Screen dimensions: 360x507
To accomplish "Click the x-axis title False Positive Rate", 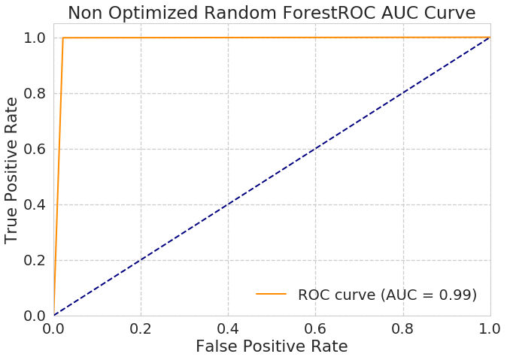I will (x=272, y=346).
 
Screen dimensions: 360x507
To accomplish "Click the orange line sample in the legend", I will (x=271, y=295).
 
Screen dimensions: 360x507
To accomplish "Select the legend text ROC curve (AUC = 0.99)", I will (x=387, y=295).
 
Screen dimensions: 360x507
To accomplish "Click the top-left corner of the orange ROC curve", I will (x=63, y=38).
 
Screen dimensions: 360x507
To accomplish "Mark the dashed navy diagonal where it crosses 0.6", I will (x=316, y=149).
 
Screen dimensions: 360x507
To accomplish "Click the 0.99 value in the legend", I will (x=457, y=295).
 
